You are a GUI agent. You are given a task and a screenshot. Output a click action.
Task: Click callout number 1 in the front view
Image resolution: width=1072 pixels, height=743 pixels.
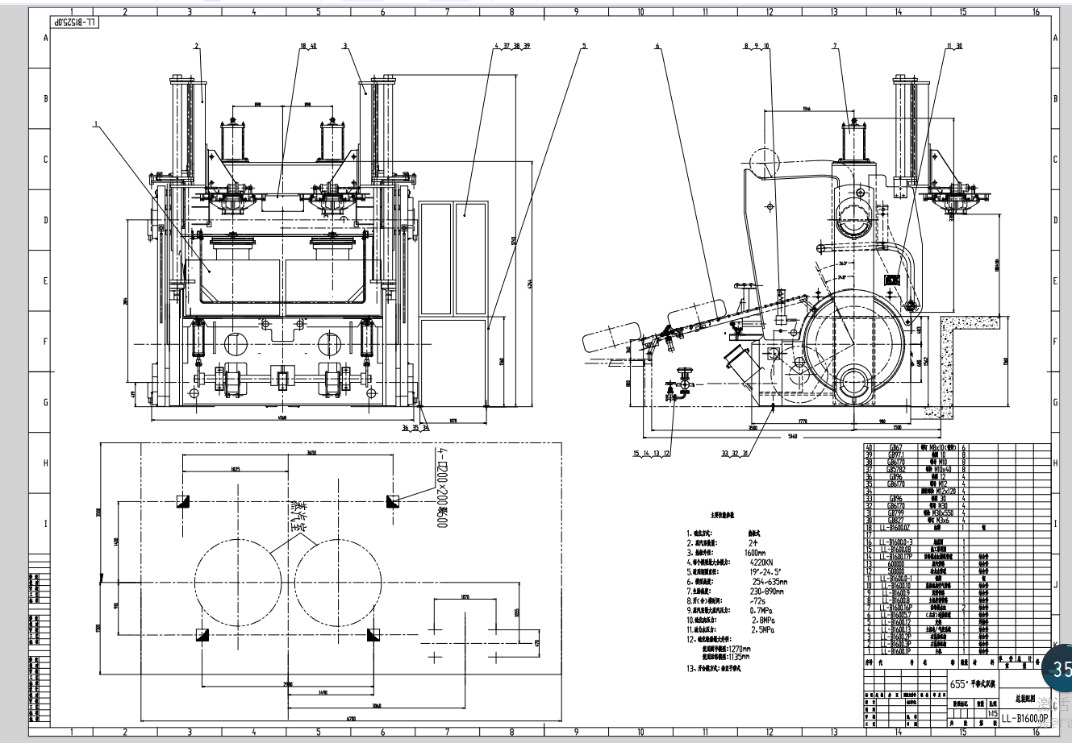[x=96, y=124]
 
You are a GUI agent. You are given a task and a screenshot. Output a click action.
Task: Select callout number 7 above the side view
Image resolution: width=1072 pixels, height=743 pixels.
[x=836, y=46]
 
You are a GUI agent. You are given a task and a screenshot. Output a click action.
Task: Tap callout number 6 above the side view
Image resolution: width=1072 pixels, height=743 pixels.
[x=657, y=46]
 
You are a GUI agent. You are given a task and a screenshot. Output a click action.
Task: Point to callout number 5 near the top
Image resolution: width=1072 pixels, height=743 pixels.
[x=582, y=46]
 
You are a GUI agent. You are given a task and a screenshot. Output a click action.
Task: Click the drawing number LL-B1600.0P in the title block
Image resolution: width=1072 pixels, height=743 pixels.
[x=1024, y=718]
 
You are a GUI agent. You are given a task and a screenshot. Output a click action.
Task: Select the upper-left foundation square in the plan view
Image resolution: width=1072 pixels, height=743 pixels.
[x=182, y=501]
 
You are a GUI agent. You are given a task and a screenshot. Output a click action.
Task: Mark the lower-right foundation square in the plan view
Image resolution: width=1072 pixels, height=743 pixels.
[x=373, y=635]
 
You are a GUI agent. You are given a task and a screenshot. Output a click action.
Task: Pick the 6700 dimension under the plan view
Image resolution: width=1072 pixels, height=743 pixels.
[x=329, y=717]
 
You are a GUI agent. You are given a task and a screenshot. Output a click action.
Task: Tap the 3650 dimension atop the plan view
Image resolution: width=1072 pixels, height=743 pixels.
[x=288, y=453]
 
